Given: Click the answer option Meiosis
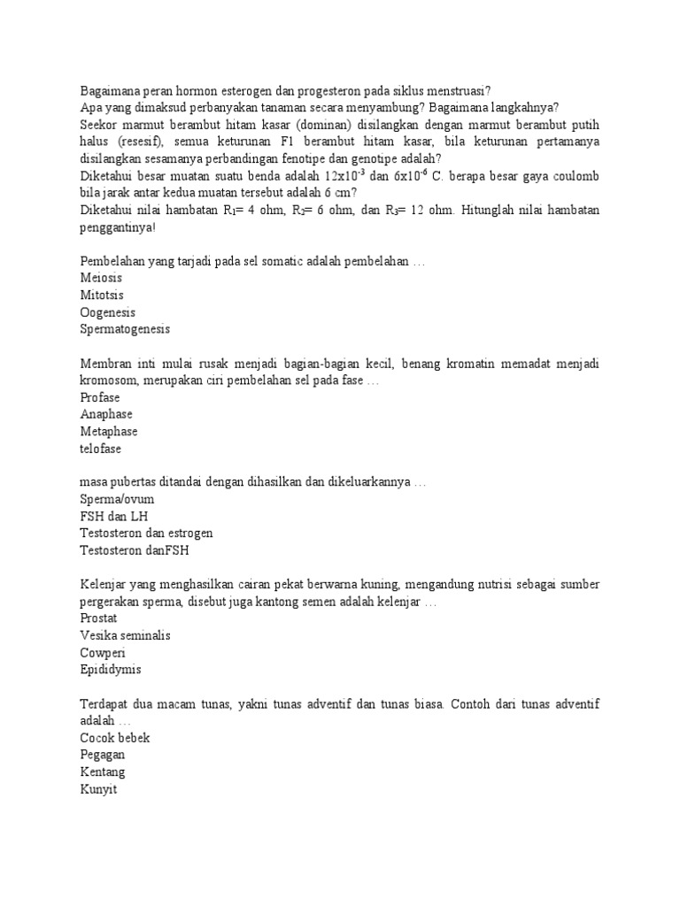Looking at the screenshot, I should tap(101, 279).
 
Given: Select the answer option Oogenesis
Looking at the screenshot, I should tap(108, 312).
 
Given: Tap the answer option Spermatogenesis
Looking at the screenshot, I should tap(125, 329).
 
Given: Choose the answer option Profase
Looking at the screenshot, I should tap(100, 397).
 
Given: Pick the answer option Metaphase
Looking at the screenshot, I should tap(109, 431).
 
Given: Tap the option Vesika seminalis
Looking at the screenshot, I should tap(125, 636).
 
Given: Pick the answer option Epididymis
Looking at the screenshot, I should tap(111, 670).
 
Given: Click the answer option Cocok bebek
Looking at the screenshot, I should tap(115, 738).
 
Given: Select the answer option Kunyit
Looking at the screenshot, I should tap(98, 788).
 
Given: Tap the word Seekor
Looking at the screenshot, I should tap(99, 126).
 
